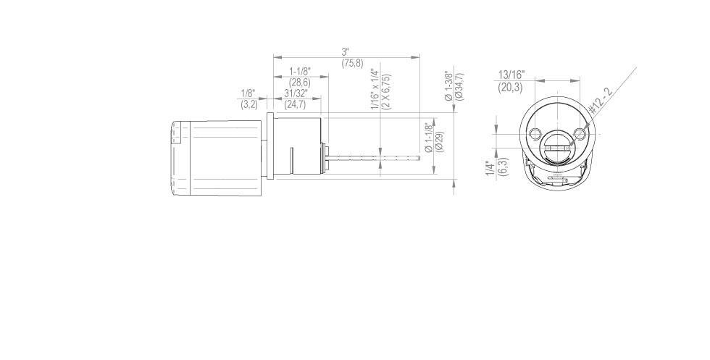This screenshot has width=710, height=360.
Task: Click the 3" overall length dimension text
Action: [346, 52]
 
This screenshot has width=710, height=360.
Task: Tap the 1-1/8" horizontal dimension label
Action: [300, 71]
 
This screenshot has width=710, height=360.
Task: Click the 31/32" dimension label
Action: [295, 93]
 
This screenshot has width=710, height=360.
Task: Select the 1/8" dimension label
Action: [248, 93]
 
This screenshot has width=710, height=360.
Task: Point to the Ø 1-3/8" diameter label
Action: [448, 85]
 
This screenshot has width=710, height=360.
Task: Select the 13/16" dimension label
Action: [511, 75]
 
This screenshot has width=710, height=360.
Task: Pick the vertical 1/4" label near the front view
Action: [490, 168]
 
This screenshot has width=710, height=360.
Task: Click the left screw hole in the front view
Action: [535, 134]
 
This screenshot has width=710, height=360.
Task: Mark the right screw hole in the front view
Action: [580, 133]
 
